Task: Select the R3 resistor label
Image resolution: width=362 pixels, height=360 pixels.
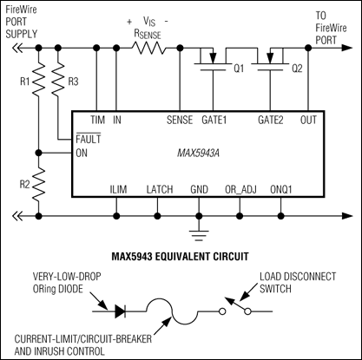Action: click(x=75, y=83)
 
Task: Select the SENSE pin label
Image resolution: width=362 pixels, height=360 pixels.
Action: click(x=178, y=120)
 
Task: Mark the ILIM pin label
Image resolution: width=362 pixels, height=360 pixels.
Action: click(x=117, y=188)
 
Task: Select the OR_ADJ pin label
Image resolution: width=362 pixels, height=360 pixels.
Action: click(x=240, y=188)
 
